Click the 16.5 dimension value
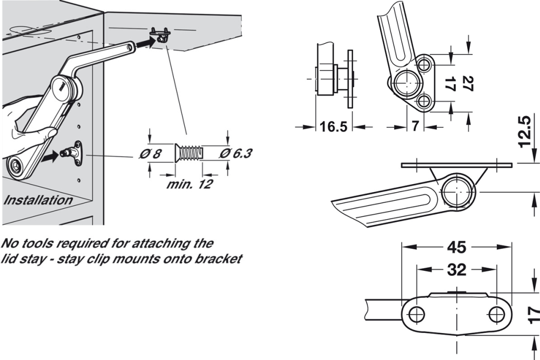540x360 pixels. coord(334,127)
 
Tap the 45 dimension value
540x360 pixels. coord(456,248)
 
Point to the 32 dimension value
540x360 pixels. coord(457,269)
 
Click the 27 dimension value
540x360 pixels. coord(468,84)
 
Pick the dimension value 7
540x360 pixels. coord(415,127)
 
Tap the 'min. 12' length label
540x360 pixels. coord(189,184)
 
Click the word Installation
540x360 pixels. coord(38,200)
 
